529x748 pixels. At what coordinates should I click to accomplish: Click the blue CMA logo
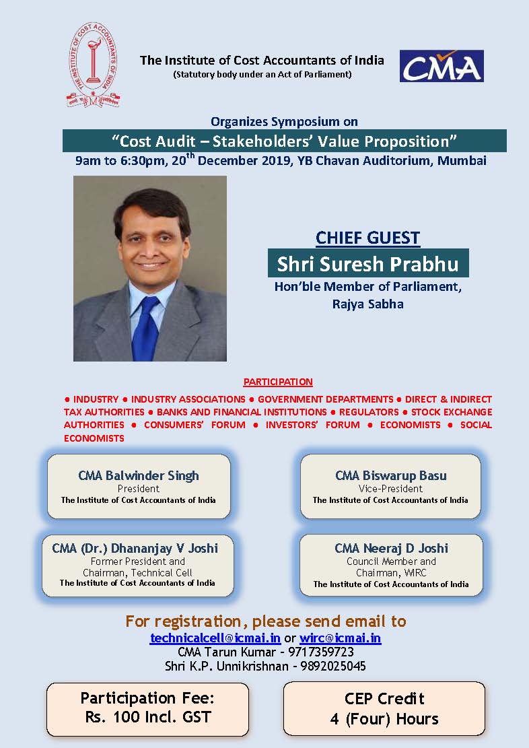(442, 66)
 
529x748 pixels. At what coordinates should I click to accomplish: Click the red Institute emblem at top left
(94, 65)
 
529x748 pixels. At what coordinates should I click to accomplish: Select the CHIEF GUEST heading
(367, 238)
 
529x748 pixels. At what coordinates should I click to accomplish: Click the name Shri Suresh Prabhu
(367, 263)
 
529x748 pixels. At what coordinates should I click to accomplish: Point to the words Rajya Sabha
(367, 304)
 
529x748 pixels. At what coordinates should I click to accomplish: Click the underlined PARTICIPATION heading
(278, 382)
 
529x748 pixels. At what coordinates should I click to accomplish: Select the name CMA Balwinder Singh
(139, 475)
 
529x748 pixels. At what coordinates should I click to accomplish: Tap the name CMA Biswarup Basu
(390, 475)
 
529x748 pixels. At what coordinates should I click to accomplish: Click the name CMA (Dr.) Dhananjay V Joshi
(135, 548)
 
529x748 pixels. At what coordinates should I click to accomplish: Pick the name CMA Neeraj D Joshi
(391, 548)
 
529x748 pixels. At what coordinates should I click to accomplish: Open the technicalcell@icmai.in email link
(215, 638)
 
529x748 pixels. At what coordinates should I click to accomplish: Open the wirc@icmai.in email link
(340, 638)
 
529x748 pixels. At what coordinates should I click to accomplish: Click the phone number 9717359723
(320, 652)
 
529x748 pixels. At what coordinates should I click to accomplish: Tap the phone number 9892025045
(333, 666)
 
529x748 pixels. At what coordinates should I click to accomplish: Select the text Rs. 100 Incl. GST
(148, 717)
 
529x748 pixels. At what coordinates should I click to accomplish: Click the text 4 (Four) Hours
(384, 718)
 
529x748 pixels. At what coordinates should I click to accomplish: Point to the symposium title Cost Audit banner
(284, 141)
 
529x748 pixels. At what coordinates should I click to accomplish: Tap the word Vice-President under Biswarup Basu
(390, 489)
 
